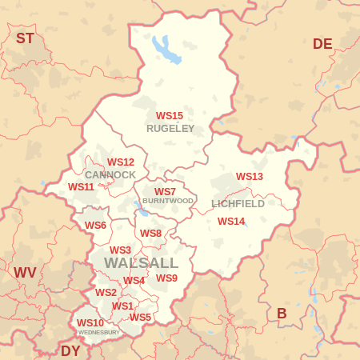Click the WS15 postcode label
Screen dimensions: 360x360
click(170, 116)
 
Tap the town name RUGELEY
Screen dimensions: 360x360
click(170, 128)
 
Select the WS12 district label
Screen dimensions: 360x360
click(121, 162)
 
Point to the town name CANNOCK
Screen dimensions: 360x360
click(110, 174)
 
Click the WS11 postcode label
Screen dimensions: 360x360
click(81, 187)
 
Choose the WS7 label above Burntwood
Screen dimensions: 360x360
click(165, 192)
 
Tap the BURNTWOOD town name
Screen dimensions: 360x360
click(168, 201)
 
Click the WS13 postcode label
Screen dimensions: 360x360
click(250, 177)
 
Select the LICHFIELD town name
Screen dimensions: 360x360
click(238, 204)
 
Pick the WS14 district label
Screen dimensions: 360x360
click(231, 222)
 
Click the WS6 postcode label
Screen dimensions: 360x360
click(95, 226)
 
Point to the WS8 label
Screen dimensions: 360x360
click(150, 234)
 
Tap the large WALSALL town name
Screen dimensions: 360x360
click(142, 263)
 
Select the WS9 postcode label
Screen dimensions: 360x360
click(166, 278)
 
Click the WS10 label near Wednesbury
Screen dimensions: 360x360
click(90, 323)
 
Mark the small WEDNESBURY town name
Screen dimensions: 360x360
click(98, 332)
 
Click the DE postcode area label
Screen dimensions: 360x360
click(322, 44)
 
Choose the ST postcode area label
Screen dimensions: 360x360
click(25, 38)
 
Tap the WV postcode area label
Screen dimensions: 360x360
click(25, 273)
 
